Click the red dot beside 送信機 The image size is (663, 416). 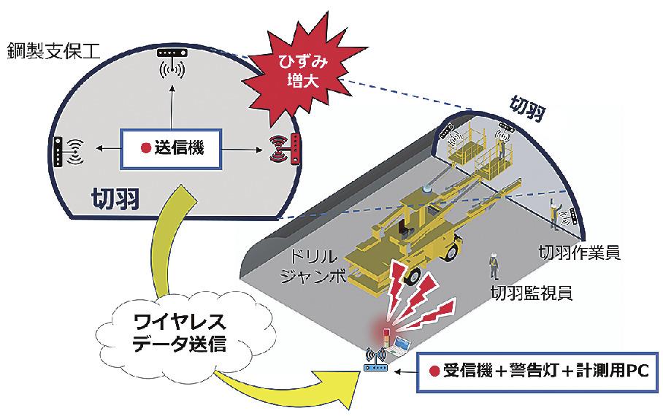click(x=145, y=148)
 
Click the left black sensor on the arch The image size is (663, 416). click(x=58, y=151)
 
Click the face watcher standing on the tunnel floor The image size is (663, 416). click(x=494, y=266)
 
